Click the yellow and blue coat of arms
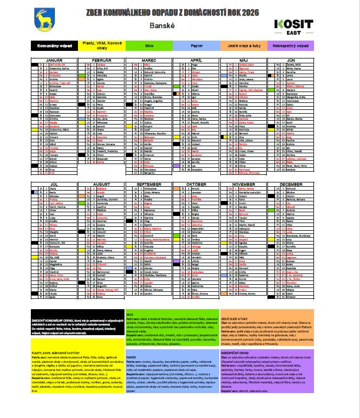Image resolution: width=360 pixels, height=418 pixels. pos(43,21)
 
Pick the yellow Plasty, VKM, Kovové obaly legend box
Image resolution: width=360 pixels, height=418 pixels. pos(101,46)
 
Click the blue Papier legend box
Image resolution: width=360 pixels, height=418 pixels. pos(197,46)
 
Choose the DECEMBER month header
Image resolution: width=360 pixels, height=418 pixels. pos(291,184)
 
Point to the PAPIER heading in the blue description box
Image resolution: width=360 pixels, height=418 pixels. pos(132,357)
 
